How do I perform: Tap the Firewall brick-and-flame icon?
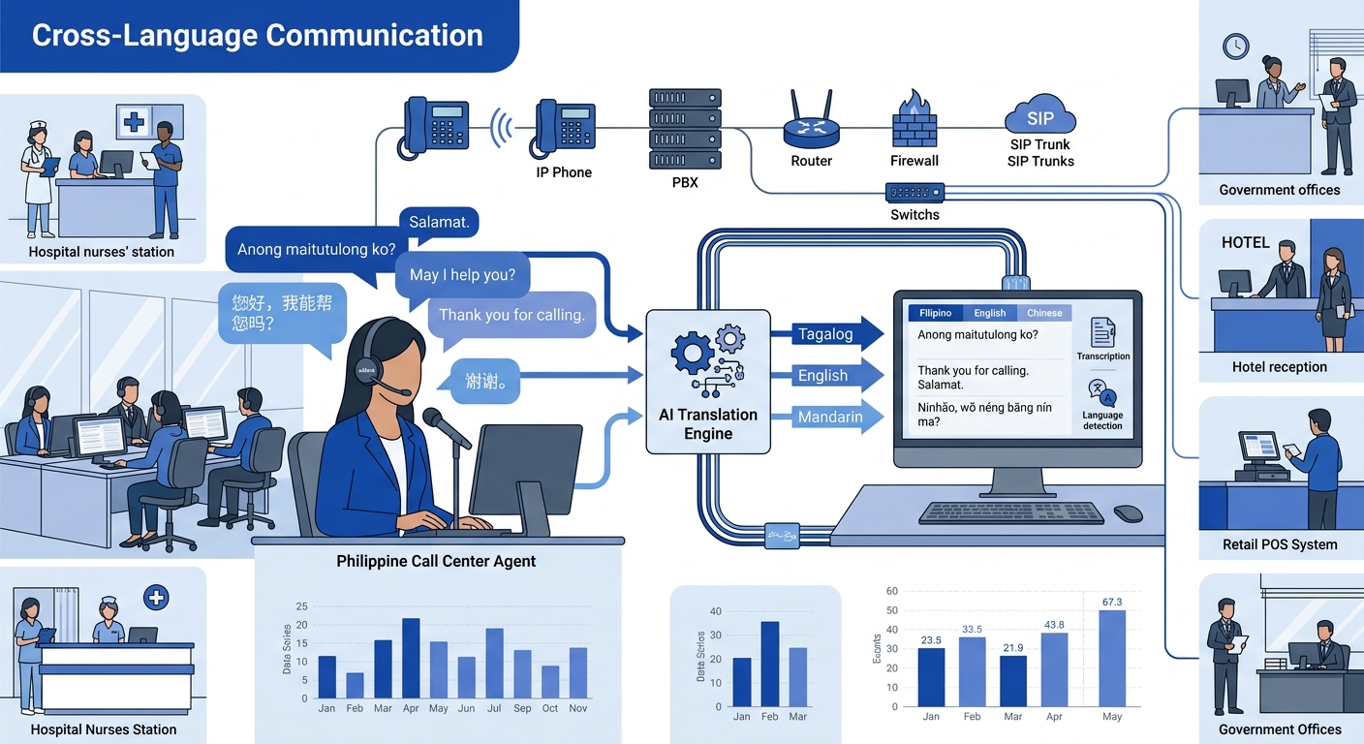[914, 120]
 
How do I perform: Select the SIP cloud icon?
[1040, 116]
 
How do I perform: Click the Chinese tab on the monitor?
[1044, 313]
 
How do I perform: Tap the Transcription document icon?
[1102, 332]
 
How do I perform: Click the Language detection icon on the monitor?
[1102, 394]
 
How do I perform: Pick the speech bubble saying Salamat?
[439, 222]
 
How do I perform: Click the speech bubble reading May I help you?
[462, 275]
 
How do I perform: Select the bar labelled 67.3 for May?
[1111, 658]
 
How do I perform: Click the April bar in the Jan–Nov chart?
[411, 658]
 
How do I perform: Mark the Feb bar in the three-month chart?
[770, 664]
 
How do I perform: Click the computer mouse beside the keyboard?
[1128, 513]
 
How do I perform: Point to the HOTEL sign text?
[1245, 242]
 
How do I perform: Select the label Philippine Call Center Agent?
[436, 561]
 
